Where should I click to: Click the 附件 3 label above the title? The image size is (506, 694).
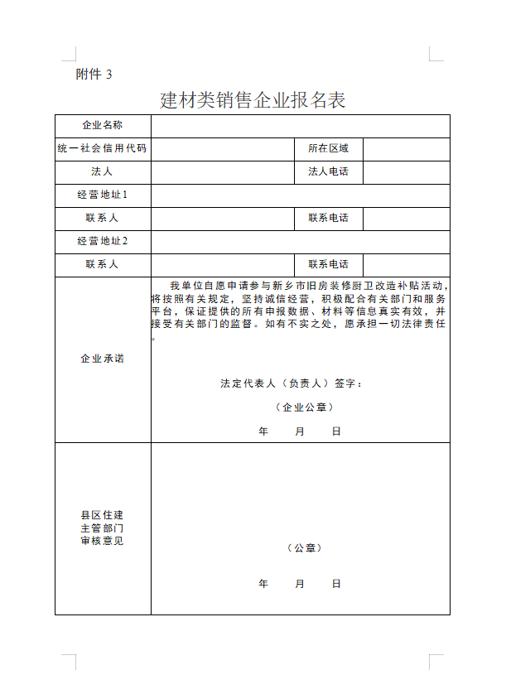click(x=94, y=74)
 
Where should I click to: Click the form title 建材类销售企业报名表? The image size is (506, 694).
click(x=253, y=100)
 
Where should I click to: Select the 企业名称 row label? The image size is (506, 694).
click(x=103, y=125)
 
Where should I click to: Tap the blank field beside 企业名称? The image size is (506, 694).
click(x=300, y=125)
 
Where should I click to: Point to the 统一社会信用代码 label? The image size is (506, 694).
click(x=103, y=148)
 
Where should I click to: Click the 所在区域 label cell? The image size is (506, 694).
click(x=329, y=148)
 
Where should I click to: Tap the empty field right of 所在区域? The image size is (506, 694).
click(x=406, y=148)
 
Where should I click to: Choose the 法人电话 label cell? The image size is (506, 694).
click(x=329, y=171)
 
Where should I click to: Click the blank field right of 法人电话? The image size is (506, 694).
click(x=406, y=171)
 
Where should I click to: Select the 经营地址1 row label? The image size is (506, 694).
click(x=103, y=195)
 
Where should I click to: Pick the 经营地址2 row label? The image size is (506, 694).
click(x=103, y=241)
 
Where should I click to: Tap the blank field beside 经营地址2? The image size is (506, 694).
click(x=300, y=241)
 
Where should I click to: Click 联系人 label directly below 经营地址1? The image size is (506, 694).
click(x=103, y=218)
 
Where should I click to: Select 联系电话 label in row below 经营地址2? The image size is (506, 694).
click(x=329, y=264)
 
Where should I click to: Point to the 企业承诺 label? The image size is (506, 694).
click(x=103, y=359)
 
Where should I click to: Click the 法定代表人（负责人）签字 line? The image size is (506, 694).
click(x=291, y=383)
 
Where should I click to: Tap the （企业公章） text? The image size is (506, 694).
click(x=305, y=407)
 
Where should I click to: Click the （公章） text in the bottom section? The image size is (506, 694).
click(x=305, y=548)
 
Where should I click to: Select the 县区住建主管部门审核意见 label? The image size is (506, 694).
click(x=103, y=528)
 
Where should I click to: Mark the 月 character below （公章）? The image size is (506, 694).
click(x=300, y=584)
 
